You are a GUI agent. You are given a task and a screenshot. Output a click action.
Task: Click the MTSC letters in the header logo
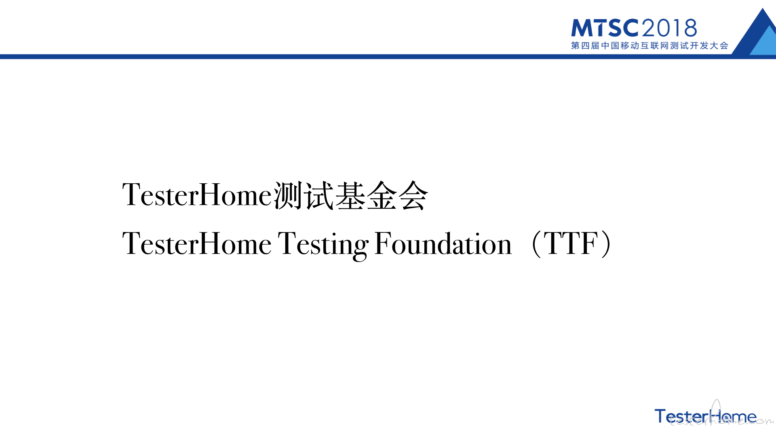coord(605,28)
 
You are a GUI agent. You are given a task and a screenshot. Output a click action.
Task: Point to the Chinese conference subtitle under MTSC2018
coord(649,46)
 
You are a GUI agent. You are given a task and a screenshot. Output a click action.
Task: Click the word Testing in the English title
coord(323,244)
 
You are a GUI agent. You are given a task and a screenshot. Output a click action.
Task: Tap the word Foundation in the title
coord(443,243)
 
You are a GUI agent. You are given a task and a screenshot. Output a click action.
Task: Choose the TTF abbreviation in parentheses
coord(571,243)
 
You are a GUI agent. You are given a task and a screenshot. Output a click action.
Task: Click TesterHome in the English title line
coord(197,243)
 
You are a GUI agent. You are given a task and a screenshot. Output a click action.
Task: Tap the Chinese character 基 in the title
coord(350,195)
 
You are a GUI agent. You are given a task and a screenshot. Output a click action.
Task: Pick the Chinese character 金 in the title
coord(382,195)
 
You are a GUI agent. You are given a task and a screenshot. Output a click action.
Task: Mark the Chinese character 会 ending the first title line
coord(413,195)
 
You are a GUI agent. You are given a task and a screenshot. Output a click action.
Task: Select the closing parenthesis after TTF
coord(606,244)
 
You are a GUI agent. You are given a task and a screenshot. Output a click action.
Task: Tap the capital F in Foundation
coord(384,243)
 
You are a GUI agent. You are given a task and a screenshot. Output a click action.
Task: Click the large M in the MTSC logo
coord(582,28)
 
